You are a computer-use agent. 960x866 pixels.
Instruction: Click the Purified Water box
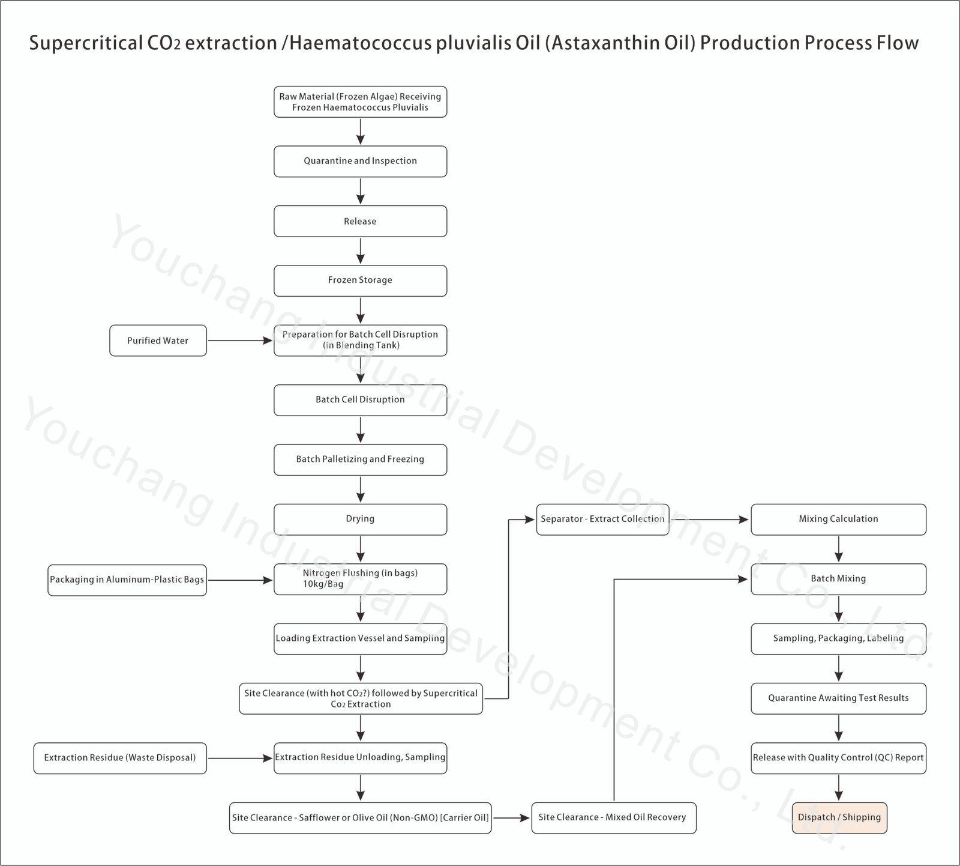[x=158, y=341]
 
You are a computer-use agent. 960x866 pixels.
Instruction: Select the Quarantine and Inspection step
[x=360, y=161]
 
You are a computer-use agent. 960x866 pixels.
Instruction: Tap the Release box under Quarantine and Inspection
[x=360, y=221]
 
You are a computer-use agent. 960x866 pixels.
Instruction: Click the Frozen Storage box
[x=360, y=280]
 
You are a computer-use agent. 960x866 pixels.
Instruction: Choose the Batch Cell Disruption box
[x=360, y=400]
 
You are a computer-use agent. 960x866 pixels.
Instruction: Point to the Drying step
[x=360, y=519]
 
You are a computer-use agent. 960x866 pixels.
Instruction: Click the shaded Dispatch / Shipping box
[x=839, y=817]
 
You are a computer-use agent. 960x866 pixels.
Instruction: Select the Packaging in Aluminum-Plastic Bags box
[x=127, y=580]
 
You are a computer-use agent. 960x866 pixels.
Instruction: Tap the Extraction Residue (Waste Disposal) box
[x=120, y=758]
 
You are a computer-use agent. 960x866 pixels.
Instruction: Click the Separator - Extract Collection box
[x=602, y=519]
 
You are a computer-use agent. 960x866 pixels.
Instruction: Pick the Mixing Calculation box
[x=838, y=519]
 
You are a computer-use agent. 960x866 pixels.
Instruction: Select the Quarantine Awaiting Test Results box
[x=838, y=698]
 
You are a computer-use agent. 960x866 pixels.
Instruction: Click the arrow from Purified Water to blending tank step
[x=240, y=341]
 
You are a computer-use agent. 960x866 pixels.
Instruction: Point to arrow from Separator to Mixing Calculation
[x=709, y=519]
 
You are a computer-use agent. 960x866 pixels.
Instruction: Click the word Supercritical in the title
[x=84, y=43]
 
